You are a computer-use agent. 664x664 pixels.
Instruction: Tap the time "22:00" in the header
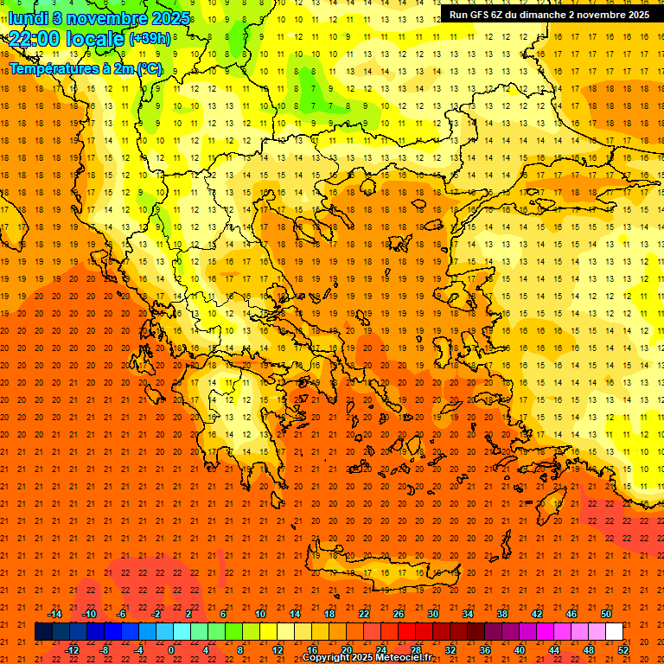click(x=33, y=39)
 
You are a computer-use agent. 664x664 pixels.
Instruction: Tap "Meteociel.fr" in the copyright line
click(x=403, y=658)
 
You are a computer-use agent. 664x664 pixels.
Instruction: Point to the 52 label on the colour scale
click(x=624, y=649)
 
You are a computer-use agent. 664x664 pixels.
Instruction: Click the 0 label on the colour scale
click(x=171, y=649)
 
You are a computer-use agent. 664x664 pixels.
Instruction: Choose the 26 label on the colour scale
click(x=398, y=614)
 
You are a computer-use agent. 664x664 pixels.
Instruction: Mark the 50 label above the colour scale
click(x=606, y=614)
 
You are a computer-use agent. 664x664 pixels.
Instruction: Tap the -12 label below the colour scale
click(x=72, y=649)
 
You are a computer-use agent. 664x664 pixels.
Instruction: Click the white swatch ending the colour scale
click(x=615, y=631)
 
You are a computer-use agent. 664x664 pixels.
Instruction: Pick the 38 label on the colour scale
click(x=502, y=614)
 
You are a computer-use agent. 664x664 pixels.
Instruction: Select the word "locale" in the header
click(x=94, y=39)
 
